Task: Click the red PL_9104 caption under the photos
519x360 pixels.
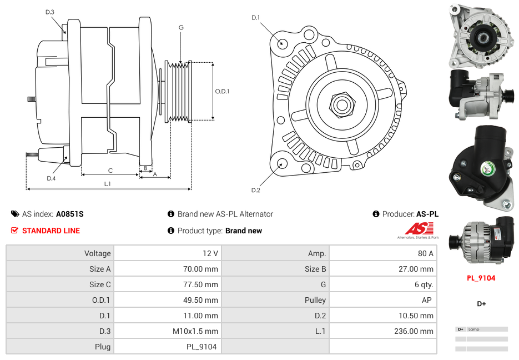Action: (481, 278)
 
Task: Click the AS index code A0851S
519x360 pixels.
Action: (70, 214)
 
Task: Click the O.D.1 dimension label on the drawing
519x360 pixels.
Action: (222, 92)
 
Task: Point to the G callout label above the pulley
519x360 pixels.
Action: (181, 27)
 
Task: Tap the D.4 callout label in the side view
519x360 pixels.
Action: (51, 178)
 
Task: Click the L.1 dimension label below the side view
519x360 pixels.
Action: (108, 184)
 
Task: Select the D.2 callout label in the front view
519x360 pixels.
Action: (255, 191)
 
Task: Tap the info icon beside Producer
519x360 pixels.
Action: (376, 214)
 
